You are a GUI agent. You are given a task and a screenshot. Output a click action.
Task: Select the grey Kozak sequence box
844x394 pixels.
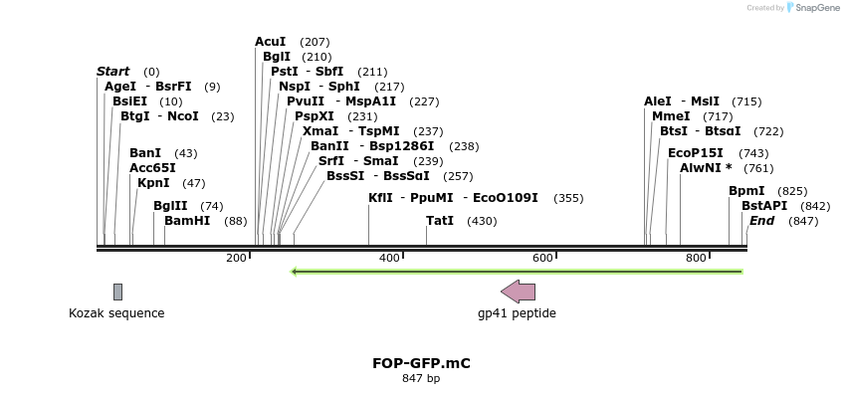pos(117,292)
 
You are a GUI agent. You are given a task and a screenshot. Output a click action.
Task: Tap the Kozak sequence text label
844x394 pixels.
pos(116,313)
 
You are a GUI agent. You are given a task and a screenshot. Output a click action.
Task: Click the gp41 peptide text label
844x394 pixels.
pos(517,313)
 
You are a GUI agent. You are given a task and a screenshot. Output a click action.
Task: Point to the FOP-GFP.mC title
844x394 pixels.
pos(421,363)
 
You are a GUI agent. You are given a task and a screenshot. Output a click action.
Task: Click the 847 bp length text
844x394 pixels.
pos(421,378)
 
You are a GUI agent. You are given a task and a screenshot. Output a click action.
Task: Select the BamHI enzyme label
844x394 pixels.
pos(187,221)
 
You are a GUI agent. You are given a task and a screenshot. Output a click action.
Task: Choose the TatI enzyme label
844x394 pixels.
pos(440,221)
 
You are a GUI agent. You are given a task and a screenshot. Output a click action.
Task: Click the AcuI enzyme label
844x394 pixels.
pos(271,42)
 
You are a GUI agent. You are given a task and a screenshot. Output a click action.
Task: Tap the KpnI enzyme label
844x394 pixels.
pos(153,183)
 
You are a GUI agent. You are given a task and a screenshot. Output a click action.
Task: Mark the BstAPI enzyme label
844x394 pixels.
pos(764,205)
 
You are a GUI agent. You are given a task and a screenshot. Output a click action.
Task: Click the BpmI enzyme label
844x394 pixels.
pos(746,190)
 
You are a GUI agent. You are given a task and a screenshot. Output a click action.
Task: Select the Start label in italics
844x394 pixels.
pos(113,72)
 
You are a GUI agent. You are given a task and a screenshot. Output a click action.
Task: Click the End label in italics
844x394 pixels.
pos(762,221)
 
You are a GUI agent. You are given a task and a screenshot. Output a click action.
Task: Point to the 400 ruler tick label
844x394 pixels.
pos(389,259)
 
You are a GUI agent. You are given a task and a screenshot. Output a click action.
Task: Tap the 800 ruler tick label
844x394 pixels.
pos(696,259)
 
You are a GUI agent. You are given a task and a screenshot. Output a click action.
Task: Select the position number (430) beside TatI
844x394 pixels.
pos(482,221)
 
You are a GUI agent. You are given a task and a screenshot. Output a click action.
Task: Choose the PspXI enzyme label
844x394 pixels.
pos(315,116)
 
